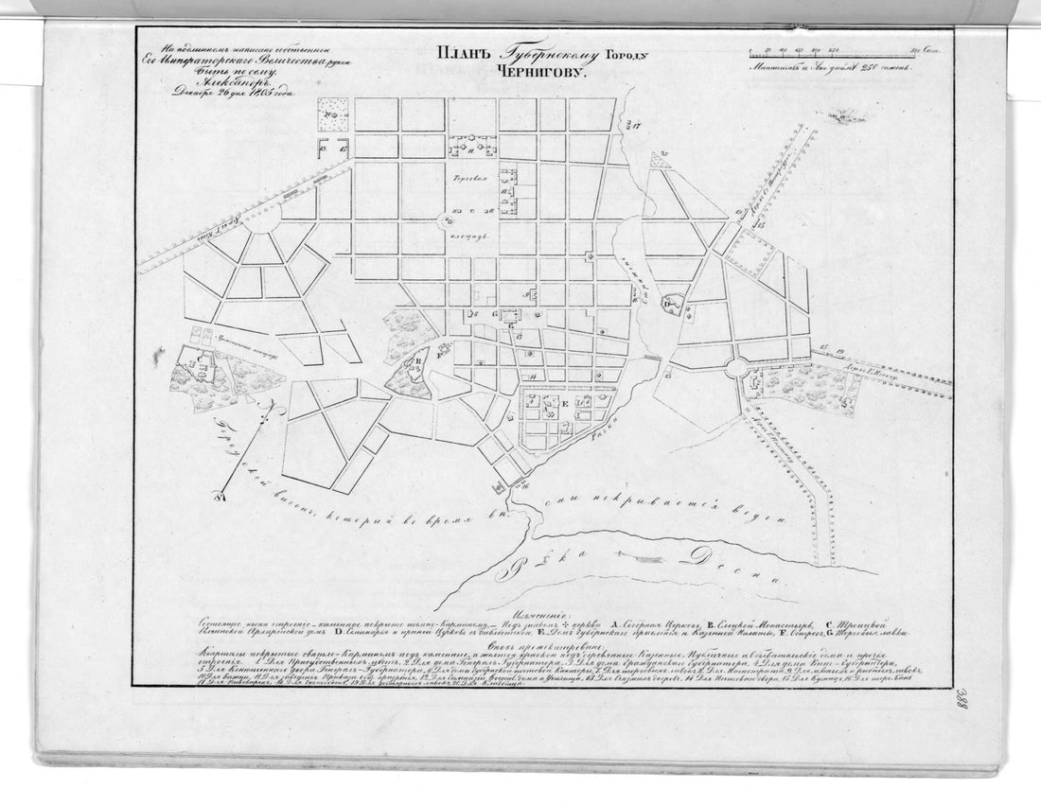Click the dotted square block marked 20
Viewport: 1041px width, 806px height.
point(334,113)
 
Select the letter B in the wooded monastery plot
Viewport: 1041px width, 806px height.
point(417,360)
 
